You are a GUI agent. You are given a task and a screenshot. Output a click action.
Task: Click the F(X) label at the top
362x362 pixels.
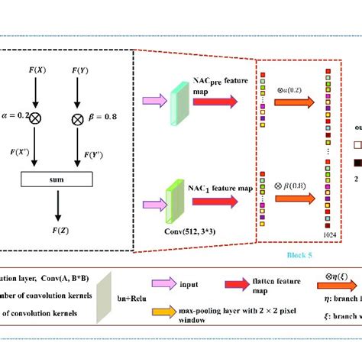pos(36,71)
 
